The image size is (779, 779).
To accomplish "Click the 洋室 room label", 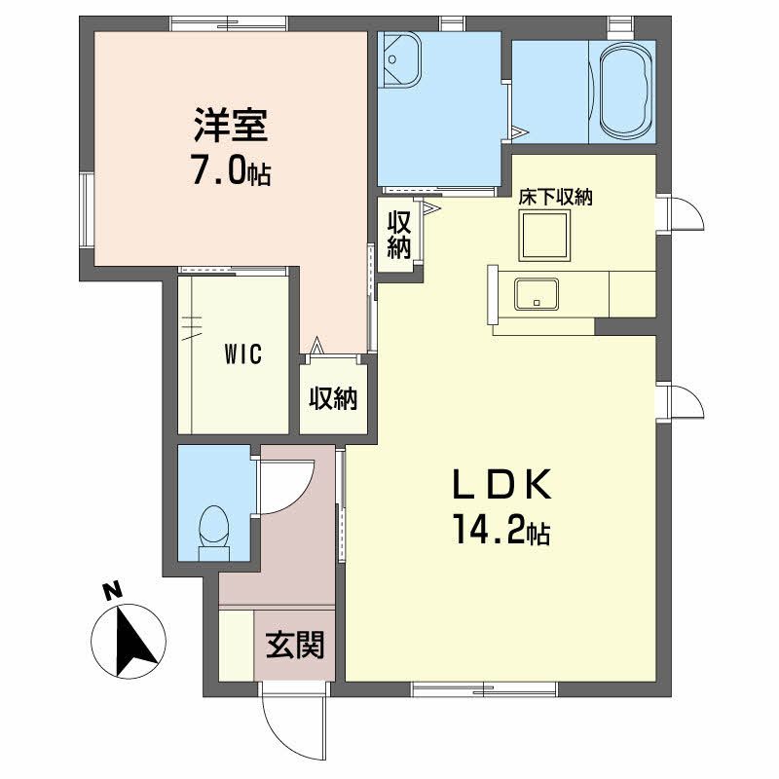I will [x=231, y=129].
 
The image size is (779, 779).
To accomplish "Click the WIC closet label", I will [x=241, y=354].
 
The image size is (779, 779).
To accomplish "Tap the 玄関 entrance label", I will [x=295, y=644].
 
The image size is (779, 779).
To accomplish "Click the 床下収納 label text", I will [x=556, y=196].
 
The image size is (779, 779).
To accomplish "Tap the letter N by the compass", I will [x=112, y=591].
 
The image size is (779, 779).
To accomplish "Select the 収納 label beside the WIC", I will [x=333, y=398].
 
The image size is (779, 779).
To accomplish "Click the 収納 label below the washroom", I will [x=399, y=234].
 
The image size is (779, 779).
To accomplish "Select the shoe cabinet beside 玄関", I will [x=236, y=645].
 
